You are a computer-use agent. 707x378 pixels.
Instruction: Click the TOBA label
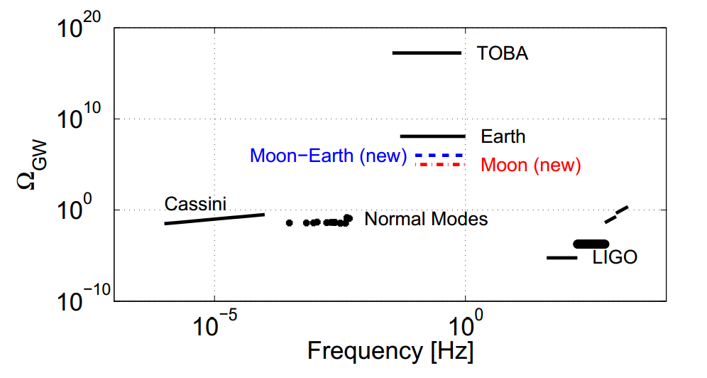[x=503, y=53]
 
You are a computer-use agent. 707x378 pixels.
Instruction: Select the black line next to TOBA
[x=427, y=53]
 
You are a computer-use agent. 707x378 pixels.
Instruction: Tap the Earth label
[x=503, y=136]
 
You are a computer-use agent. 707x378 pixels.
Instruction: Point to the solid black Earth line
[x=433, y=136]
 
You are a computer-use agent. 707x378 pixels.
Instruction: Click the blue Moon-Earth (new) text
[x=328, y=156]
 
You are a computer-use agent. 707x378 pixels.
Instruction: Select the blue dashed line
[x=439, y=155]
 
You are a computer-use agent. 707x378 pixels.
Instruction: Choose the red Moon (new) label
[x=531, y=166]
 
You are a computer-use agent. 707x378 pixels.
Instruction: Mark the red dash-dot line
[x=439, y=165]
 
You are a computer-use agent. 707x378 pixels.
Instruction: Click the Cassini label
[x=195, y=205]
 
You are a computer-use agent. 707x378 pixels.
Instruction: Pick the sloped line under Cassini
[x=214, y=219]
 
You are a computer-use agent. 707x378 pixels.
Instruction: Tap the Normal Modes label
[x=426, y=219]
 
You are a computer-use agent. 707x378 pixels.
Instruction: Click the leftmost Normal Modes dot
[x=290, y=222]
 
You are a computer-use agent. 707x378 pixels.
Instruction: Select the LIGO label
[x=615, y=258]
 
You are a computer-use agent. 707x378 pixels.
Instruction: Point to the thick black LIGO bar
[x=591, y=244]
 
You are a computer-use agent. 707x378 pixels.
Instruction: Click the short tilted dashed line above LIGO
[x=616, y=215]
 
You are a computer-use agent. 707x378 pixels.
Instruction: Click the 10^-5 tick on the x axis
[x=214, y=324]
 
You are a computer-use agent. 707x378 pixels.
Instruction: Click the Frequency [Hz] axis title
[x=390, y=352]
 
